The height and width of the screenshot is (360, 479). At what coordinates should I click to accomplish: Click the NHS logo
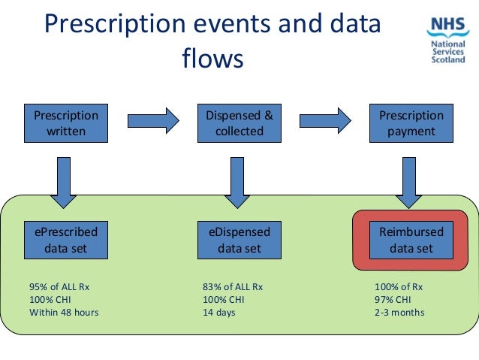(448, 27)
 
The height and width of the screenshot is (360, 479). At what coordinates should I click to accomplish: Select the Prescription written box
(66, 123)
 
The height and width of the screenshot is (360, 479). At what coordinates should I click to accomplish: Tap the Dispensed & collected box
(239, 123)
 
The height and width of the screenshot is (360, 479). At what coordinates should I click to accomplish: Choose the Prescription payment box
(411, 123)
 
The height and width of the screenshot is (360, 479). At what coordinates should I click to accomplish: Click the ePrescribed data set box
(66, 240)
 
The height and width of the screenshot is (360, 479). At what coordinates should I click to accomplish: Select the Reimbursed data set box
(411, 240)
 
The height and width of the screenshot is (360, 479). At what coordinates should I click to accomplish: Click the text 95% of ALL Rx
(59, 286)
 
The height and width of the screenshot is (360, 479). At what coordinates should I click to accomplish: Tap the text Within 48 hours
(64, 312)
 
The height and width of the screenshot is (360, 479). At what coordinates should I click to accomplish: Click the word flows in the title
(212, 58)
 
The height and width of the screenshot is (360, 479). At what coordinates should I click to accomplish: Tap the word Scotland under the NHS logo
(448, 60)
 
